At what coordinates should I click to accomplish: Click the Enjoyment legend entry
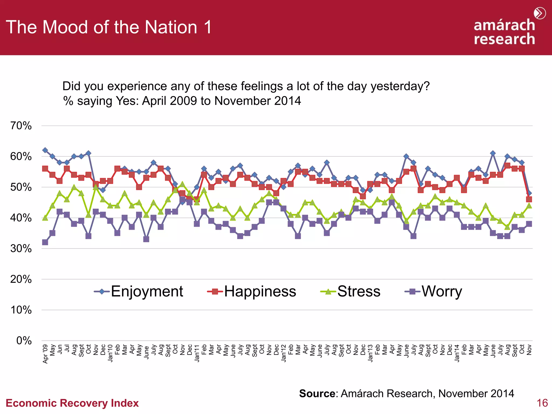pos(139,291)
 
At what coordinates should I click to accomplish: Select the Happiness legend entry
pos(252,291)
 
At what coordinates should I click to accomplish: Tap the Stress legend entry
pos(351,291)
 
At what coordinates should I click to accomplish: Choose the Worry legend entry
pos(434,291)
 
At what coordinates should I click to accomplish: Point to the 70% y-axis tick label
pos(21,126)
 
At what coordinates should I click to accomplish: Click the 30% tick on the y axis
pos(21,249)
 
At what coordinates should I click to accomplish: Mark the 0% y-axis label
pos(24,341)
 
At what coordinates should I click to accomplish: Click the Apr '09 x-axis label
pos(45,354)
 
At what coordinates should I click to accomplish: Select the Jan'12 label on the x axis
pos(284,353)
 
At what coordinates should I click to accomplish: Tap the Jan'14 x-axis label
pos(457,353)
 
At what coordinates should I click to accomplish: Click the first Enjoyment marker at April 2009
pos(45,150)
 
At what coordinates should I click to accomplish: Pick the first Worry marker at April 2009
pos(45,242)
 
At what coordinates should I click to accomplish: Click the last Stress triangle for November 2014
pos(529,206)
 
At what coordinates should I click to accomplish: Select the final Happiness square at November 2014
pos(529,199)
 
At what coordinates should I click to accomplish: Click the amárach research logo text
pos(504,32)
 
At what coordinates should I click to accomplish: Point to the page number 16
pos(542,403)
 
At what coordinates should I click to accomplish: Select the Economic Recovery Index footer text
pos(72,403)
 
